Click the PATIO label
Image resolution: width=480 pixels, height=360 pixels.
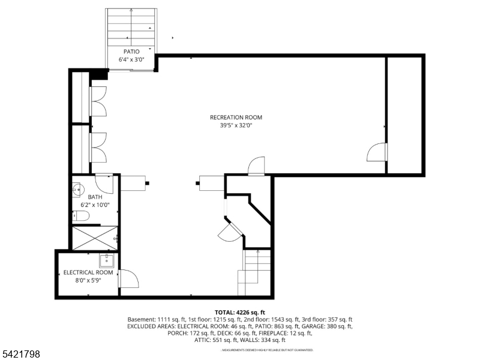pos(131,52)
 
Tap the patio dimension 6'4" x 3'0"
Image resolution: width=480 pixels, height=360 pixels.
pos(131,59)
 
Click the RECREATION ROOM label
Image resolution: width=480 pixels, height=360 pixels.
pos(236,118)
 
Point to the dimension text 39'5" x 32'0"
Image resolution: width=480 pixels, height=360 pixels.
pos(236,125)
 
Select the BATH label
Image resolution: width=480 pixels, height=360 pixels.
pos(95,197)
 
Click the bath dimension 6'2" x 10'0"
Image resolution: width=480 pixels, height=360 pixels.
pos(95,205)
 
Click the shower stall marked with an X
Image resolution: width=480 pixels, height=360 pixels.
pos(95,238)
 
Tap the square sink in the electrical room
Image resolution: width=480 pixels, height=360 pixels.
pos(107,260)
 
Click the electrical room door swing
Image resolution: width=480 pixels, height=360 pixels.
pos(128,279)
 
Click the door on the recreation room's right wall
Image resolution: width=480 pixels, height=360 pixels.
pos(376,152)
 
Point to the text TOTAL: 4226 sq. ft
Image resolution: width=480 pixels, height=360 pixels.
pos(240,312)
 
